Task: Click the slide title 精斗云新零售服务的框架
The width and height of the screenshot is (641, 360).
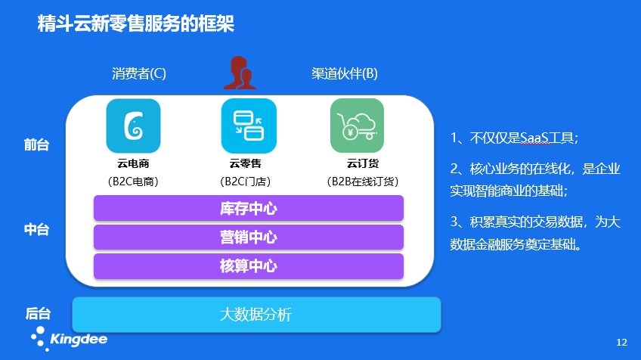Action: click(x=135, y=24)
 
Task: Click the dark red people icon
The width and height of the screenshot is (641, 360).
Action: click(x=243, y=73)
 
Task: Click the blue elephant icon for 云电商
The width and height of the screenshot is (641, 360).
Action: click(x=133, y=126)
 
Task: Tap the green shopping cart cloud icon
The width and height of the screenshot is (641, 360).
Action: click(x=357, y=126)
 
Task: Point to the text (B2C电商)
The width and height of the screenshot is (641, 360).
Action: click(x=133, y=182)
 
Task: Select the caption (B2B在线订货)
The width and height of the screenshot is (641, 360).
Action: click(x=362, y=182)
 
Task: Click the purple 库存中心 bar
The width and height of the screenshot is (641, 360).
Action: click(x=248, y=209)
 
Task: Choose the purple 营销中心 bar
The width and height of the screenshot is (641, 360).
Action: click(x=248, y=237)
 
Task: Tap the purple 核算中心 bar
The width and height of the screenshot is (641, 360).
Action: click(x=248, y=266)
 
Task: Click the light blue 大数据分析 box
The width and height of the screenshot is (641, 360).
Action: click(x=255, y=315)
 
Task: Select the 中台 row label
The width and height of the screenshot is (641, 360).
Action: click(x=36, y=230)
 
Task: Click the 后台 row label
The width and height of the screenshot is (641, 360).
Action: click(x=36, y=313)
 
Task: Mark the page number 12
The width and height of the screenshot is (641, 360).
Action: click(x=622, y=343)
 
